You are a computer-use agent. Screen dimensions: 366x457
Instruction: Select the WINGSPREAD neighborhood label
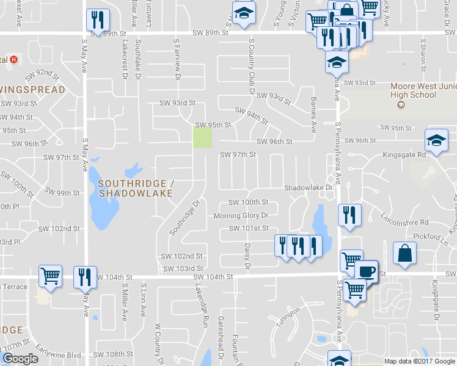[33, 90]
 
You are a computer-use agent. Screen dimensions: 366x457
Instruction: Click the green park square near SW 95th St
[202, 137]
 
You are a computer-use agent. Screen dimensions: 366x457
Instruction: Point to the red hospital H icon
[13, 60]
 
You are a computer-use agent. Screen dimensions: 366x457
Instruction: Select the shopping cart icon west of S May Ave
[50, 276]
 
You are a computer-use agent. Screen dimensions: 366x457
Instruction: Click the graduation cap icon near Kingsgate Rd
[436, 141]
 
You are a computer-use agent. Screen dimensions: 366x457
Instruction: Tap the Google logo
[20, 359]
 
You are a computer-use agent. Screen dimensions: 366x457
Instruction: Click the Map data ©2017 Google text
[420, 361]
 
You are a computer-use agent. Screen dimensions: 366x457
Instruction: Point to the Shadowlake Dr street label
[308, 188]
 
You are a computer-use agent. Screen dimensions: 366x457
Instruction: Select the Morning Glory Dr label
[241, 216]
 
